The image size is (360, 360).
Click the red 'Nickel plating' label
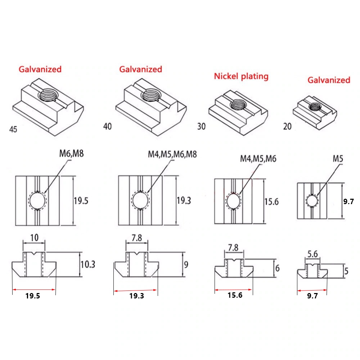(241, 76)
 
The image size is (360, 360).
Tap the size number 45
(13, 129)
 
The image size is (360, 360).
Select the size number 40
(107, 126)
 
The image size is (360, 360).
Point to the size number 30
(201, 126)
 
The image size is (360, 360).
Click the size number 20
(287, 126)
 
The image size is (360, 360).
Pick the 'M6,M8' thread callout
(71, 154)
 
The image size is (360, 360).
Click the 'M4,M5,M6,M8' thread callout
(172, 154)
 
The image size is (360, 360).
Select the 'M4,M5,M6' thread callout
(258, 159)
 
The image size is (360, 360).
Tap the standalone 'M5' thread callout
(338, 159)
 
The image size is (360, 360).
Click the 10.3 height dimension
(88, 264)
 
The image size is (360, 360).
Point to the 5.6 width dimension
(312, 254)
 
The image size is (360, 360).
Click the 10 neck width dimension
(34, 238)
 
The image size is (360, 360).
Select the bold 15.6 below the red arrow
(235, 295)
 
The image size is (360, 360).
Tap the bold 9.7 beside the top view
(348, 201)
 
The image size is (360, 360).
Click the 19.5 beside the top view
(81, 201)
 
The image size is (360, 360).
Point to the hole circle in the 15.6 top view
(234, 201)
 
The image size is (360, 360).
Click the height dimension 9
(186, 265)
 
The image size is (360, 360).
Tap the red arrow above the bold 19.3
(135, 291)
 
